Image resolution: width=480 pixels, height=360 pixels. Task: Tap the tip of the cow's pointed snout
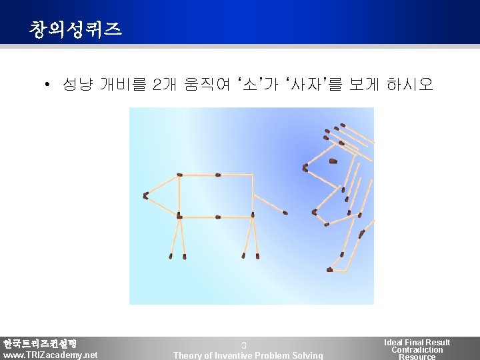click(x=145, y=195)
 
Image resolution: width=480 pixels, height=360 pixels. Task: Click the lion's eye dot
click(x=333, y=161)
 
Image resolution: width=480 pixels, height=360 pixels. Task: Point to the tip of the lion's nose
click(x=305, y=167)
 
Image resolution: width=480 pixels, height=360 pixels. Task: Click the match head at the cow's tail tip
click(x=286, y=213)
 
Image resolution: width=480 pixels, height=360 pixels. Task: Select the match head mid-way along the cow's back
click(x=217, y=175)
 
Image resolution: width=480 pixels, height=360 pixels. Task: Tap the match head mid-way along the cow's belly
click(x=217, y=217)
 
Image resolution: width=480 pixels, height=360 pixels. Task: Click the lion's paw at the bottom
click(x=331, y=269)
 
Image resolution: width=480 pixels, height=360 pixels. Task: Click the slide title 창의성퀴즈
click(x=75, y=29)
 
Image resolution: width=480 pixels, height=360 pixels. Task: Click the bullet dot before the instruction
click(x=47, y=85)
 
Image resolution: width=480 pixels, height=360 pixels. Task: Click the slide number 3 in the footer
click(x=244, y=345)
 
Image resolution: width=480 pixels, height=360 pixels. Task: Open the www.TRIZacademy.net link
click(x=50, y=355)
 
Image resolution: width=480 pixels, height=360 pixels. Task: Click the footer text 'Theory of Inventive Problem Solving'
click(x=248, y=355)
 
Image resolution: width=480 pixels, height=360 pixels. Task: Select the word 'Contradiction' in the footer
click(x=417, y=350)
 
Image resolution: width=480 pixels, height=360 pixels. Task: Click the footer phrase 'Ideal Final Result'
click(x=417, y=342)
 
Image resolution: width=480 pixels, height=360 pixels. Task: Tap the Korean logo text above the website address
click(x=40, y=344)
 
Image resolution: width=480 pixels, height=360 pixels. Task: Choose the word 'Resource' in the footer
click(x=417, y=357)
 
